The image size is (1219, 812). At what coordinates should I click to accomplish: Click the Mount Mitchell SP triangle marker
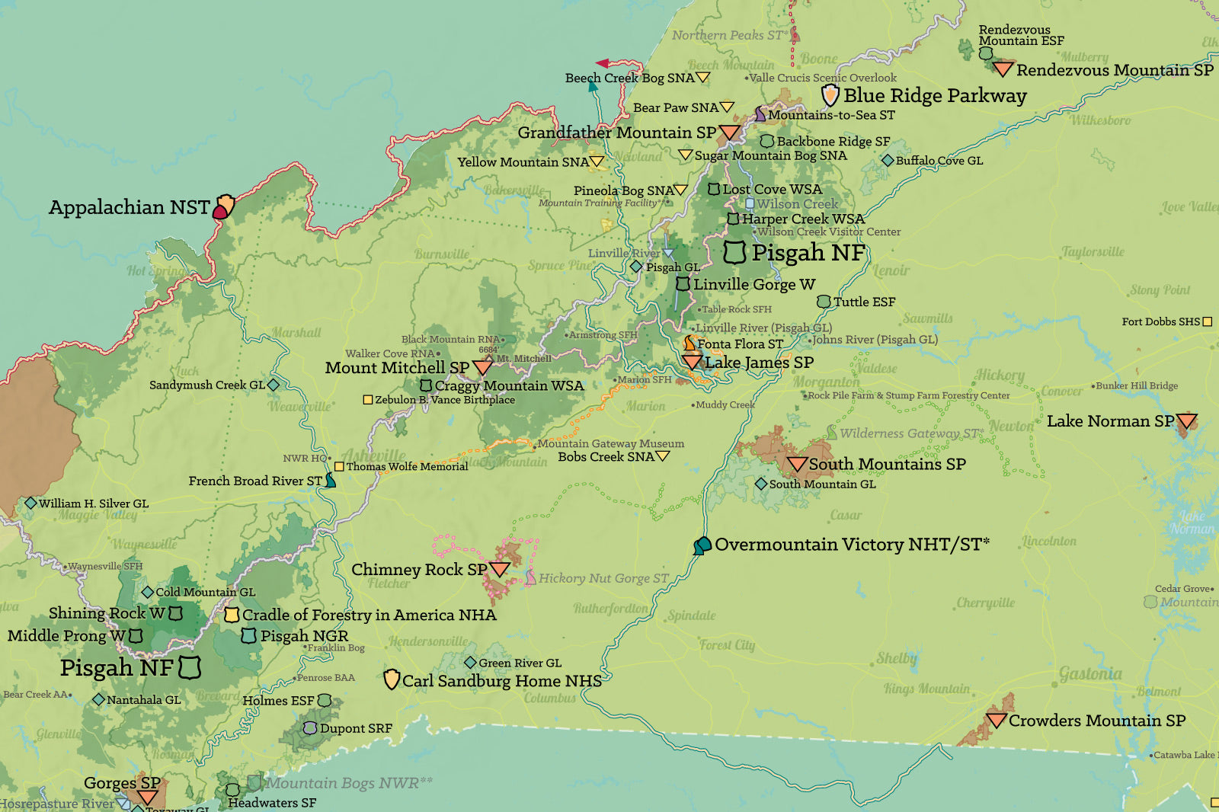482,367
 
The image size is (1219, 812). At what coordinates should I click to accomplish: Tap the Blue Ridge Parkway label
935,96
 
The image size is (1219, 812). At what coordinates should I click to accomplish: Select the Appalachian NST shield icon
223,206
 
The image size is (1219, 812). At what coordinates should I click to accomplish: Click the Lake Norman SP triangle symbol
1186,421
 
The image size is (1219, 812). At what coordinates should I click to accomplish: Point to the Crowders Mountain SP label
1096,721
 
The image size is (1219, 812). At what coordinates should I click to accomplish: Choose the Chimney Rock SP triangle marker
500,569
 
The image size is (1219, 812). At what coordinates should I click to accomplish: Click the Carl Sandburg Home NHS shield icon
392,679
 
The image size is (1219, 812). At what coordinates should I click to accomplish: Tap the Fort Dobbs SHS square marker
1207,322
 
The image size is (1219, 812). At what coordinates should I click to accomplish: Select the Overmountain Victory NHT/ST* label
852,545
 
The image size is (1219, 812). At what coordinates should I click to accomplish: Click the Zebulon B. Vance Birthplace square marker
368,400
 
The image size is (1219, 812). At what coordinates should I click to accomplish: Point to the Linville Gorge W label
753,285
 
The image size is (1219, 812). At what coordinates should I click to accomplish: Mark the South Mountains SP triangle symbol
797,464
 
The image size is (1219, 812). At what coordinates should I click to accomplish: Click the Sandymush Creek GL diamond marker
274,385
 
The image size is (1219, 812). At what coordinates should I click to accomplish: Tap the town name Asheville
373,456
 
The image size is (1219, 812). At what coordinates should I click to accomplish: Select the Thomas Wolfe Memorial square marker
339,467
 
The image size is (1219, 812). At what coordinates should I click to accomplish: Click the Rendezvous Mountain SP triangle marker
1003,70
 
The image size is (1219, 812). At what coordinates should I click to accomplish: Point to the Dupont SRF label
356,729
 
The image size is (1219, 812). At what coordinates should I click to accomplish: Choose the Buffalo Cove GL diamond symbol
888,161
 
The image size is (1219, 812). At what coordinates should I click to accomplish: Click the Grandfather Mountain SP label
616,133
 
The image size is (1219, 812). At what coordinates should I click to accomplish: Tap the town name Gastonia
1090,674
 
